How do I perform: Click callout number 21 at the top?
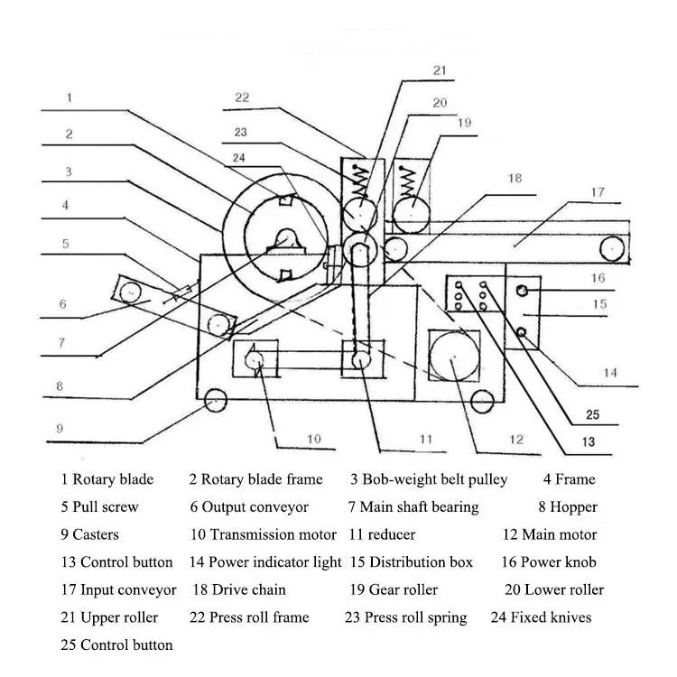tap(440, 70)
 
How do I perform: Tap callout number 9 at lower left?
tap(60, 428)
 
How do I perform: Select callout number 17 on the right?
tap(598, 192)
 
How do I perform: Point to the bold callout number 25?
tap(592, 415)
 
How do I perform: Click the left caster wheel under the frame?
tap(215, 400)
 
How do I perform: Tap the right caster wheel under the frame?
tap(482, 401)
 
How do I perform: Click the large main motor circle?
tap(454, 357)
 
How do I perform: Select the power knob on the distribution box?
tap(522, 291)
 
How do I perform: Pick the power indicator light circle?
tap(522, 332)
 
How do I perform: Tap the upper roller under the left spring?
tap(359, 214)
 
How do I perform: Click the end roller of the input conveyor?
tap(612, 249)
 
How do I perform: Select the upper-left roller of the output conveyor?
tap(130, 292)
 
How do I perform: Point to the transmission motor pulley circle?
tap(254, 360)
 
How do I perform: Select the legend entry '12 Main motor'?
tap(550, 534)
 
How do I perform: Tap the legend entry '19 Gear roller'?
tap(394, 589)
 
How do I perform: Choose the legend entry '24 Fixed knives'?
tap(541, 617)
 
